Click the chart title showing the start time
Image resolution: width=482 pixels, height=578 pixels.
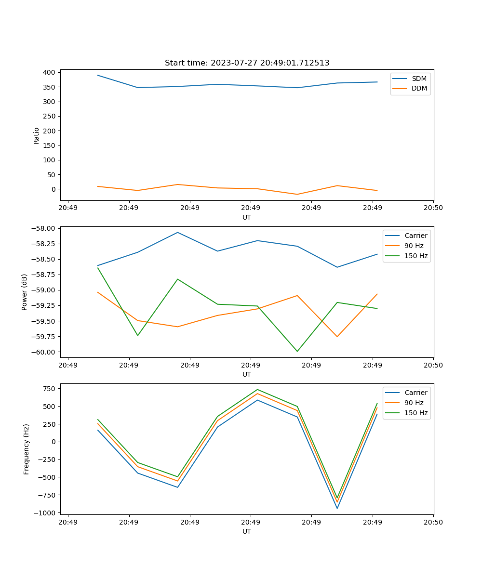(x=247, y=63)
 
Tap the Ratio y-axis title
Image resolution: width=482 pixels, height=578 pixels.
(x=37, y=135)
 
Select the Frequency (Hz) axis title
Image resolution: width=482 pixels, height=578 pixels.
(x=27, y=449)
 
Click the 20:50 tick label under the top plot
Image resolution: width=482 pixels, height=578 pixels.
(x=433, y=208)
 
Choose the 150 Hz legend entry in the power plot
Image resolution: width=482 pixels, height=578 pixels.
(x=416, y=256)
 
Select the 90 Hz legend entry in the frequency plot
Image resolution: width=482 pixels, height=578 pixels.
(x=414, y=403)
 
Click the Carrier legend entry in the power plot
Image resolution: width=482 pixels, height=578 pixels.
(x=415, y=236)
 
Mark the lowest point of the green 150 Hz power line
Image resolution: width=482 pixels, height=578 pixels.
(x=297, y=351)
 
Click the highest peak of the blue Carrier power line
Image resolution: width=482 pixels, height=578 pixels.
(x=177, y=232)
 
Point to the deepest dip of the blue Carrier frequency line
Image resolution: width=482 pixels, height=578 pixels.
(x=337, y=508)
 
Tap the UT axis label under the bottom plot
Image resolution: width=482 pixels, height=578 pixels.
(x=247, y=531)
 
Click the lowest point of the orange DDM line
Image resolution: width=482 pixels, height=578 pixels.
(x=297, y=194)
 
